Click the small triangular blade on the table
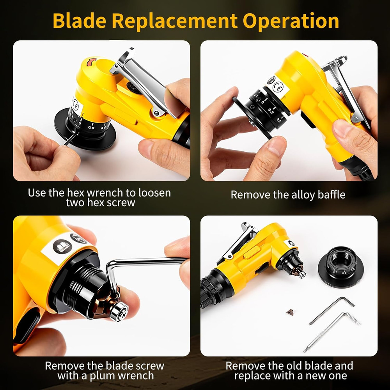(290, 312)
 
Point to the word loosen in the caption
(153, 193)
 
